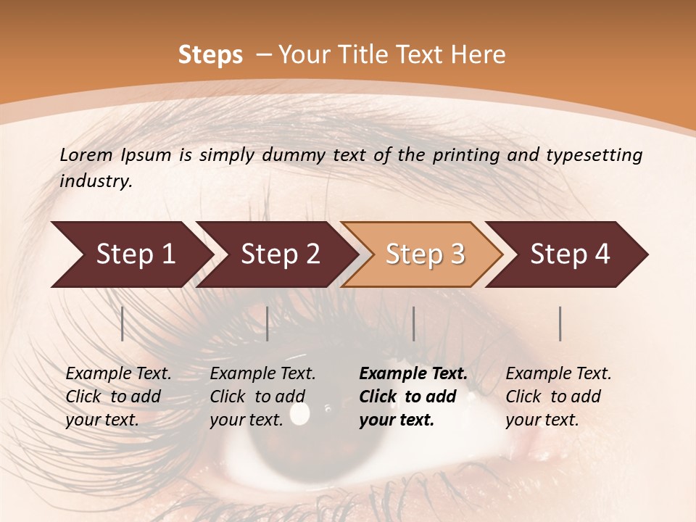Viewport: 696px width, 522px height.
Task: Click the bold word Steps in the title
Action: pos(210,55)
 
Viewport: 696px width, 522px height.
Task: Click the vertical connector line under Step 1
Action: pos(123,323)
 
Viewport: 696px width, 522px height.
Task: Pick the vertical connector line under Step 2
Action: pos(268,323)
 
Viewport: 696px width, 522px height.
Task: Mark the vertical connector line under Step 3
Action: pos(414,323)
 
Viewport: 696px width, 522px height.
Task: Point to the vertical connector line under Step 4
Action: pos(560,323)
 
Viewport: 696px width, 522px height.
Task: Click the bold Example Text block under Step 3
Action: pos(413,397)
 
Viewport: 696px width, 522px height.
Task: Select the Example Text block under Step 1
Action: pos(118,397)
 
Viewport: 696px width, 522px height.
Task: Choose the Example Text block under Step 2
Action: pos(262,397)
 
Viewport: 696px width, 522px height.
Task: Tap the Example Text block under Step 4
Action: pos(558,397)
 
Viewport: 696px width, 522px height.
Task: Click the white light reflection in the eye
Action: pos(299,413)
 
